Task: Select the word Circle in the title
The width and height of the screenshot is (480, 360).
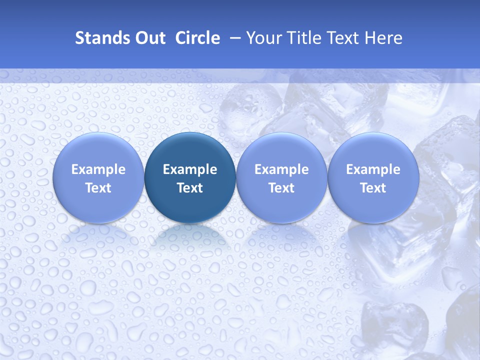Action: [197, 38]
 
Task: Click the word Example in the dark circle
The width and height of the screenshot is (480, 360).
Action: [190, 169]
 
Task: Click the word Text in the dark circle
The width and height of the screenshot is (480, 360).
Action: [190, 188]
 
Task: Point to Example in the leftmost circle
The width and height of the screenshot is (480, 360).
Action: [98, 169]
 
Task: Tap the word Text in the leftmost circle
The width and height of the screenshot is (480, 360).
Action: [98, 188]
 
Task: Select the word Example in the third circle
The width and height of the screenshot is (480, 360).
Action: [281, 169]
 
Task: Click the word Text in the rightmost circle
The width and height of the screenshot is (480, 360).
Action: [373, 188]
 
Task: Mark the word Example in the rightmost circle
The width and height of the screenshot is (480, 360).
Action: [373, 169]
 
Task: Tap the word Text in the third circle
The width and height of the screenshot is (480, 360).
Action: [281, 188]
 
